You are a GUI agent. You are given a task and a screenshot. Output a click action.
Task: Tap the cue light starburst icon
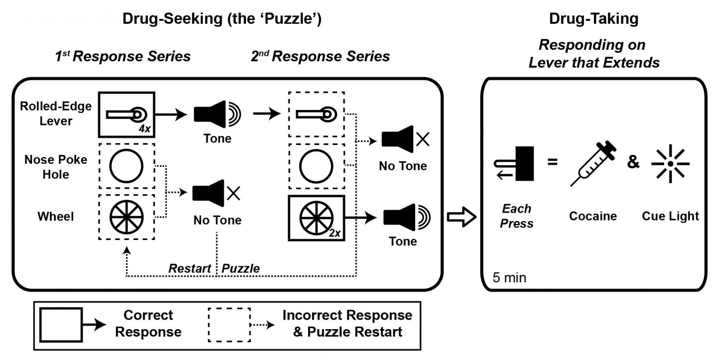670,163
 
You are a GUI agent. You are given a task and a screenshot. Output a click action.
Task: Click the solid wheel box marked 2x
316,218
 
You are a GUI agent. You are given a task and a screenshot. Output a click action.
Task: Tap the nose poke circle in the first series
126,166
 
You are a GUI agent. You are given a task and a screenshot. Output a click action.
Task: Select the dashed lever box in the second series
316,115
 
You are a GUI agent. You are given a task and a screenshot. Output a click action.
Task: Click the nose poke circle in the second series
316,166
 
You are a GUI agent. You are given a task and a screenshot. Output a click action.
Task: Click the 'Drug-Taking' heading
593,19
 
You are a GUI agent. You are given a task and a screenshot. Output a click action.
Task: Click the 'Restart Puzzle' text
214,268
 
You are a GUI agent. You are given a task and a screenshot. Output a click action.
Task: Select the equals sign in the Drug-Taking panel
553,162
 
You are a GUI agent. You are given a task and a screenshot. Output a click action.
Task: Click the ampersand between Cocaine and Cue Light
633,162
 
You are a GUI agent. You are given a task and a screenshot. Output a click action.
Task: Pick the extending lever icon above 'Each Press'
517,163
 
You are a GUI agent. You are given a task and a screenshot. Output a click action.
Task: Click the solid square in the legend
61,324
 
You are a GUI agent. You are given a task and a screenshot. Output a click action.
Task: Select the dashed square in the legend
229,324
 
